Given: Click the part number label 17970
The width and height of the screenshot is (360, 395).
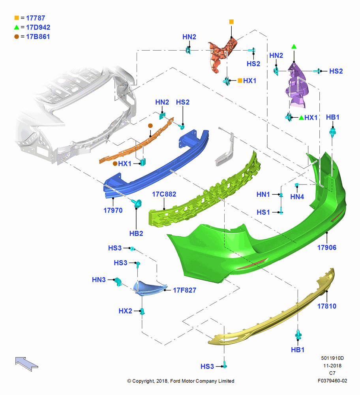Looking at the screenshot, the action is point(113,211).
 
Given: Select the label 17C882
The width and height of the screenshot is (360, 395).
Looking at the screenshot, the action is point(164,194).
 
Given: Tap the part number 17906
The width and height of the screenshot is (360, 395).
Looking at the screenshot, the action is point(327,248).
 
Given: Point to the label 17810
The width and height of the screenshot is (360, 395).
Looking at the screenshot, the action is point(327,306).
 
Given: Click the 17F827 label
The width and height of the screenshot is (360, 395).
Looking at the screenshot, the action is point(184,290).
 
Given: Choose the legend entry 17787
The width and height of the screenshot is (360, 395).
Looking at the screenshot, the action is point(36,18).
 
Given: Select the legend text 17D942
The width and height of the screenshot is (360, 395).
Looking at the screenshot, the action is point(38,27).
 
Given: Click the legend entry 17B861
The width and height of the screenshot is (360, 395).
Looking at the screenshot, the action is point(38,36).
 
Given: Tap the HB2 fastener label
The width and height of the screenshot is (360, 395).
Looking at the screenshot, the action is point(136,233).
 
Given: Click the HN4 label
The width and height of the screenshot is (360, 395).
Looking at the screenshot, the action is point(297,197).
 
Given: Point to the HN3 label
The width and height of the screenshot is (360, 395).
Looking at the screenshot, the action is point(99,280).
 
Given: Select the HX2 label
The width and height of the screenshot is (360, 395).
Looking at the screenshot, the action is point(126,311).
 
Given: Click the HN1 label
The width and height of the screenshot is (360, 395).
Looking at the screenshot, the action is point(263,194).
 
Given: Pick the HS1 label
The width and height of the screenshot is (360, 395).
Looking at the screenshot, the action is point(263,213).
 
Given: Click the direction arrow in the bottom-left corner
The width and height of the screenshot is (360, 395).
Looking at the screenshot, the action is point(26,363).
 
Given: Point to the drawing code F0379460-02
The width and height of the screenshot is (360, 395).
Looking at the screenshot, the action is point(332,381).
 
